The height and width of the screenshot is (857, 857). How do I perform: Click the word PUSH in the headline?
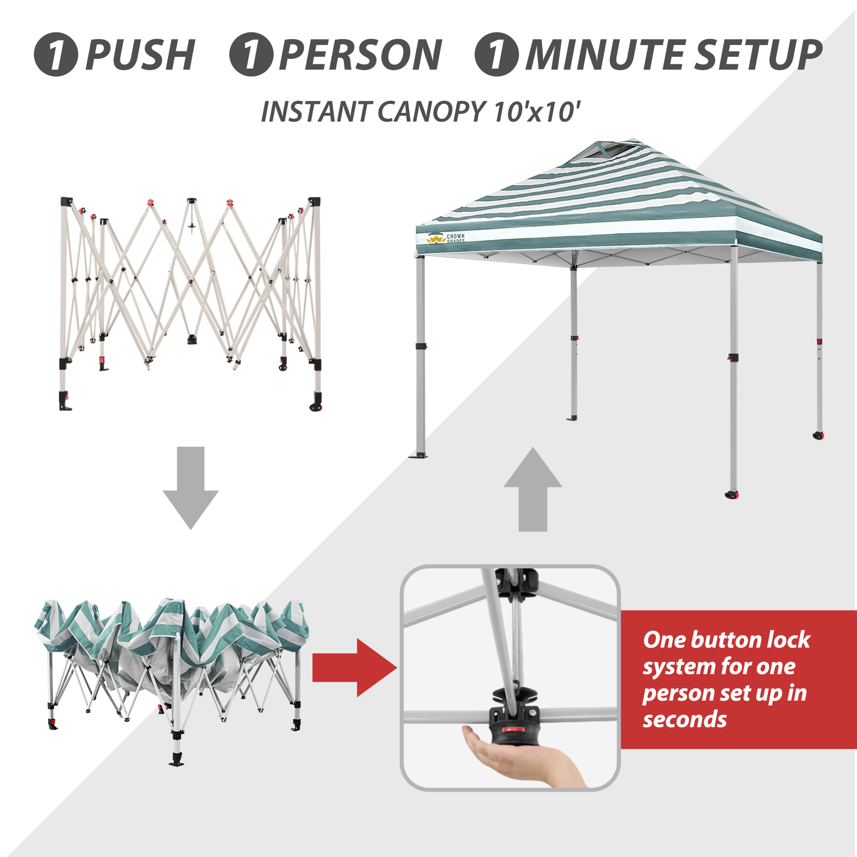[x=140, y=55]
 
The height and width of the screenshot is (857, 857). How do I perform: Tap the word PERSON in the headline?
[x=360, y=55]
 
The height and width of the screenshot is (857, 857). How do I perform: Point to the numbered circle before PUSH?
[x=56, y=55]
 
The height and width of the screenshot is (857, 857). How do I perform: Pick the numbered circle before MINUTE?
[x=497, y=55]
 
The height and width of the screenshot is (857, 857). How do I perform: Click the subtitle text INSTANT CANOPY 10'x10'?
[x=420, y=112]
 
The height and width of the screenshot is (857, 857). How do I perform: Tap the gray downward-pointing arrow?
[x=191, y=487]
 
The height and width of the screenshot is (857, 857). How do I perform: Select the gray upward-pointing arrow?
[x=533, y=489]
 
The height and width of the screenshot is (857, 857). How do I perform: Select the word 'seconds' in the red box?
[x=685, y=719]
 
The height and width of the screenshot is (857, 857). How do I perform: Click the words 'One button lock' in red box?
[x=726, y=640]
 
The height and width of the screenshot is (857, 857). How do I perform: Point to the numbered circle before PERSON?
[x=251, y=55]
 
